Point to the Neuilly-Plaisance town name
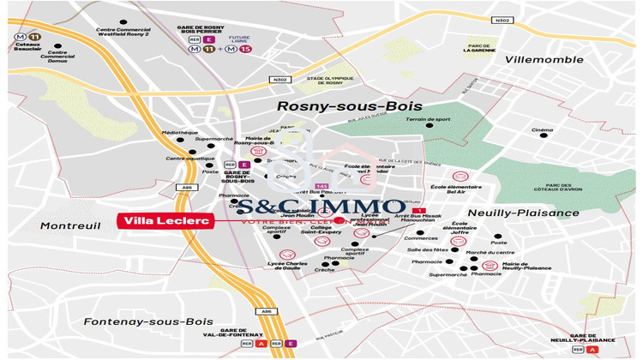tap(524, 213)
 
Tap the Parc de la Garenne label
tap(480, 48)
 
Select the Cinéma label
tap(542, 130)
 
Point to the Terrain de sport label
tap(428, 119)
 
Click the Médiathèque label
tap(180, 133)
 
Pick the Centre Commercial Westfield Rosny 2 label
tap(123, 32)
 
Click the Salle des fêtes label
tap(428, 249)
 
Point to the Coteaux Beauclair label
tap(27, 49)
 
